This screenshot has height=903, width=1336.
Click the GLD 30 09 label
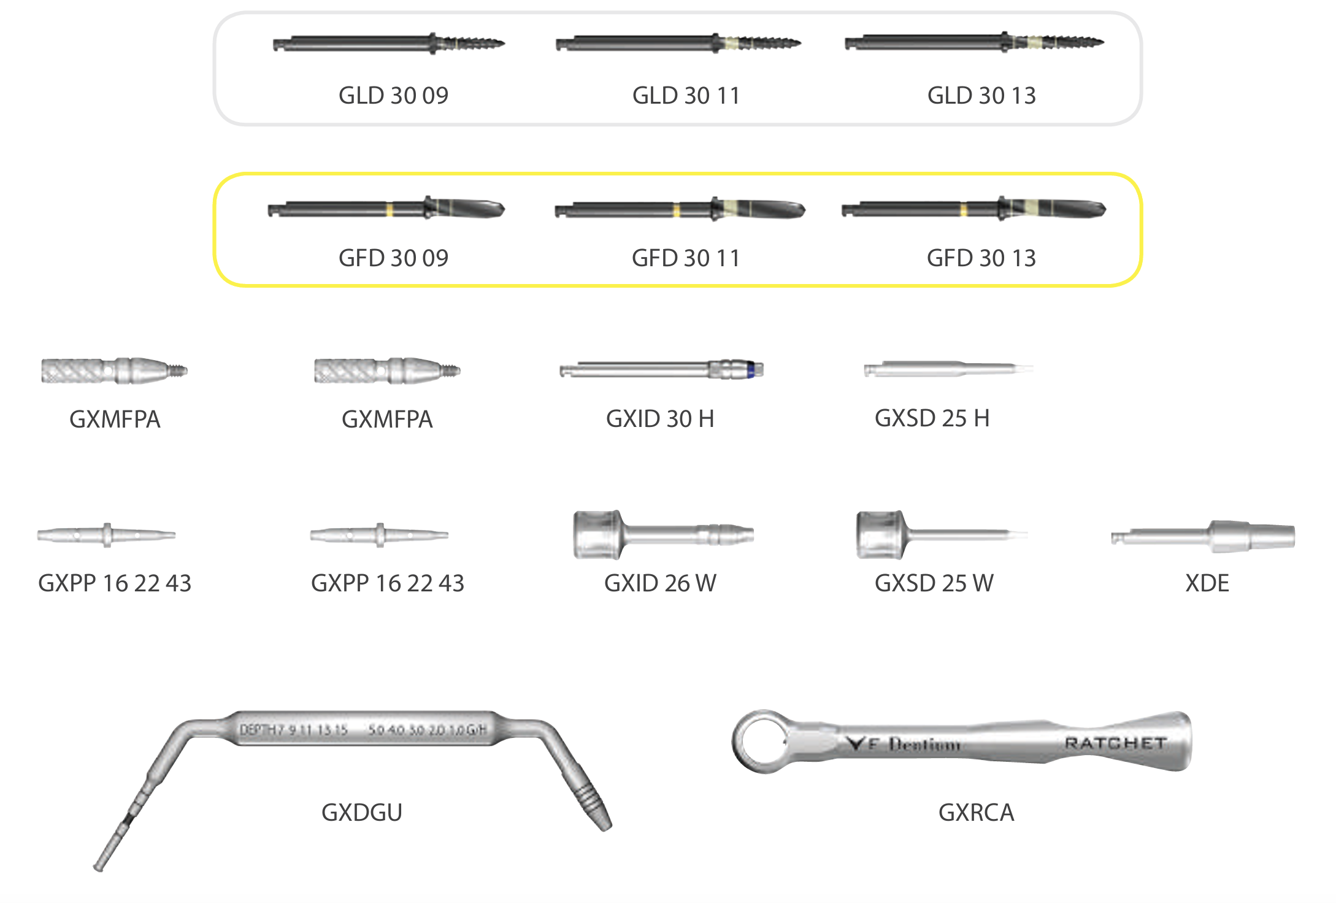pos(393,96)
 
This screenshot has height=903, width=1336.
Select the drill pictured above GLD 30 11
pos(678,44)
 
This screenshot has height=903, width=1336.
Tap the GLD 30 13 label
pos(981,96)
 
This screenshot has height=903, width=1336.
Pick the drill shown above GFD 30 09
pos(386,209)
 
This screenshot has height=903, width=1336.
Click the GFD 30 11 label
pos(686,258)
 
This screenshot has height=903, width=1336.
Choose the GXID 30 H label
pos(660,419)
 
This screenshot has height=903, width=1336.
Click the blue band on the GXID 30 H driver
pos(750,370)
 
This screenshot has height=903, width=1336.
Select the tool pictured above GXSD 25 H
pos(948,369)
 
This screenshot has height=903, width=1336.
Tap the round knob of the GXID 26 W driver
pos(596,534)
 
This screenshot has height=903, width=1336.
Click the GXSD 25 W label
pos(934,583)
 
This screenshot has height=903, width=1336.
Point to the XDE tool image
pos(1203,537)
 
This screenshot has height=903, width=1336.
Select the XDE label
pos(1207,583)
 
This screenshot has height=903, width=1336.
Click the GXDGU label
pos(362,812)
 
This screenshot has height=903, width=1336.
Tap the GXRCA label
pos(976,812)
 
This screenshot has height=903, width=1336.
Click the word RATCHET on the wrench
pos(1115,744)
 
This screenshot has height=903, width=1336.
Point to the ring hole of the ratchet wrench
pos(759,741)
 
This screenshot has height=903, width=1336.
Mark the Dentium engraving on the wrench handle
pos(924,745)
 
